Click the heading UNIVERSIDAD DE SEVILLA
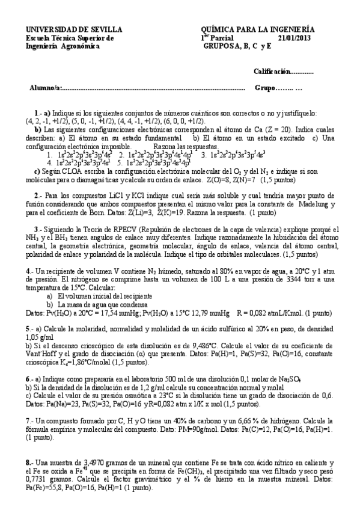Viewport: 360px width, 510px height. pyautogui.click(x=73, y=29)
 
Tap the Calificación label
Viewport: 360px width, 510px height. pyautogui.click(x=275, y=72)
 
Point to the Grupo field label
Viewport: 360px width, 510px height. pyautogui.click(x=265, y=88)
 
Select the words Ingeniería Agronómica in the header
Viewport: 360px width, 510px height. pyautogui.click(x=62, y=45)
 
